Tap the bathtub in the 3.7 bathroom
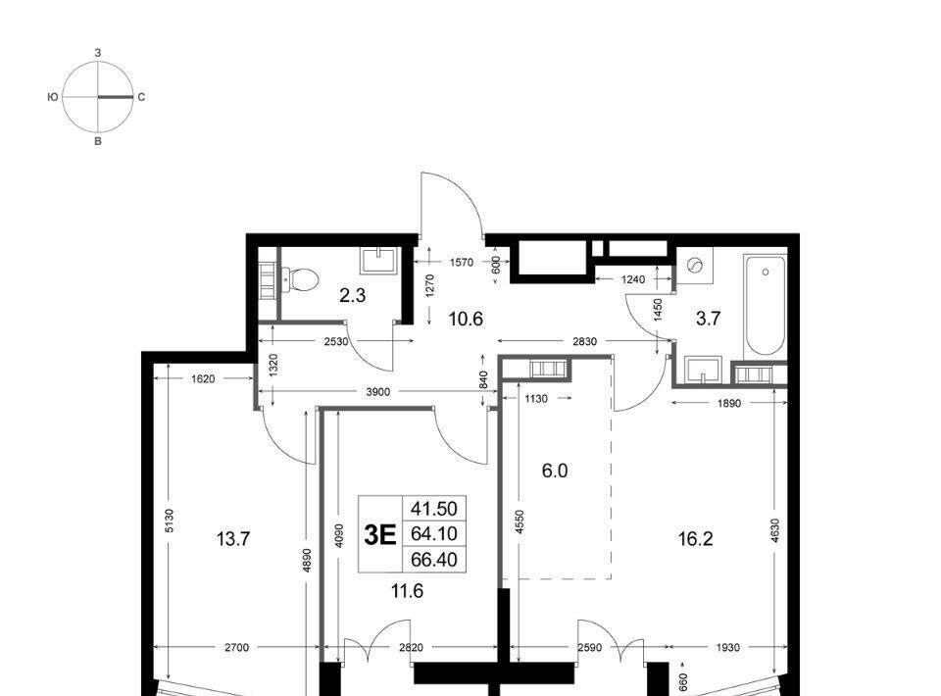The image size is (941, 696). pos(765,306)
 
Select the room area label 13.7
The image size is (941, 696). pos(233,539)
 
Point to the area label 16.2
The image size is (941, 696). pos(696,539)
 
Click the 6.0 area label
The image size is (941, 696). pos(555,471)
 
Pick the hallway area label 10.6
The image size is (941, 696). pos(466,319)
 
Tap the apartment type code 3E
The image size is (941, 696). pos(380,534)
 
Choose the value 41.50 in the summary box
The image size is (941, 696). pos(434,509)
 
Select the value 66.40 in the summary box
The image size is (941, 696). pos(434,560)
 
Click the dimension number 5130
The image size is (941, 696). pos(169,521)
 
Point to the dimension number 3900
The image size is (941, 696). pos(378,392)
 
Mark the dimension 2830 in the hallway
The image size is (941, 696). pos(584,341)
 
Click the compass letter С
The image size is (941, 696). pos(141,97)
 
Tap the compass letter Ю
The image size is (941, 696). pos(53,97)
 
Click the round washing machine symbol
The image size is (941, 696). pos(695,265)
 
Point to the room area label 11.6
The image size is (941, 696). pos(407,592)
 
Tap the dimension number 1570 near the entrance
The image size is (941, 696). pos(462,262)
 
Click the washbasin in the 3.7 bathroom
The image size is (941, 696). pos(703,370)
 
